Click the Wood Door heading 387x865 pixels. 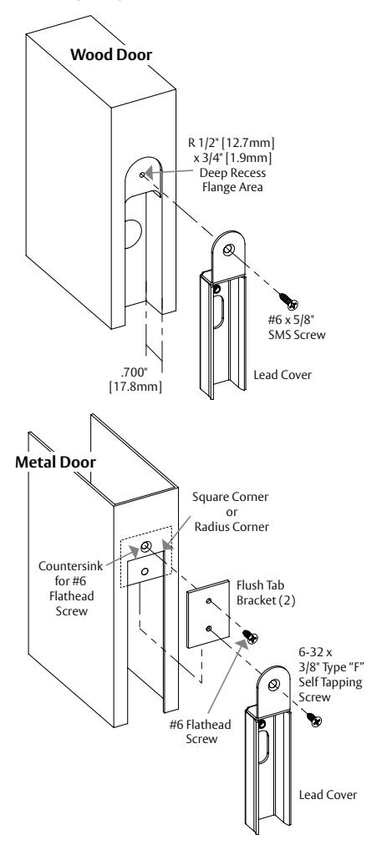(x=111, y=54)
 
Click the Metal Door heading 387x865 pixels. (x=55, y=462)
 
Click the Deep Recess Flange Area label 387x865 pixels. (x=232, y=180)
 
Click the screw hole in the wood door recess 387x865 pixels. (x=142, y=175)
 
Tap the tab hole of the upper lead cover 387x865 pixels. (x=228, y=250)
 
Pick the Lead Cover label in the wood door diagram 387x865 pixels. (x=283, y=375)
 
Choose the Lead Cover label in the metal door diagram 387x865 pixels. (x=328, y=795)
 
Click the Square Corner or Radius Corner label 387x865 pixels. (x=232, y=512)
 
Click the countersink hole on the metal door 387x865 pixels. (x=145, y=547)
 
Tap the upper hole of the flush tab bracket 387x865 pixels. (x=209, y=601)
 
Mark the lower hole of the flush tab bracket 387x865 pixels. (x=209, y=629)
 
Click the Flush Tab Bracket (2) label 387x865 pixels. (x=266, y=593)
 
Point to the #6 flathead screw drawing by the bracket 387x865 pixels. (x=251, y=637)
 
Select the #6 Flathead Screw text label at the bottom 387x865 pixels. (x=200, y=731)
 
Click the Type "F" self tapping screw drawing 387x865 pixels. (x=313, y=719)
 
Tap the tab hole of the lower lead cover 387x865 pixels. (x=272, y=685)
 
